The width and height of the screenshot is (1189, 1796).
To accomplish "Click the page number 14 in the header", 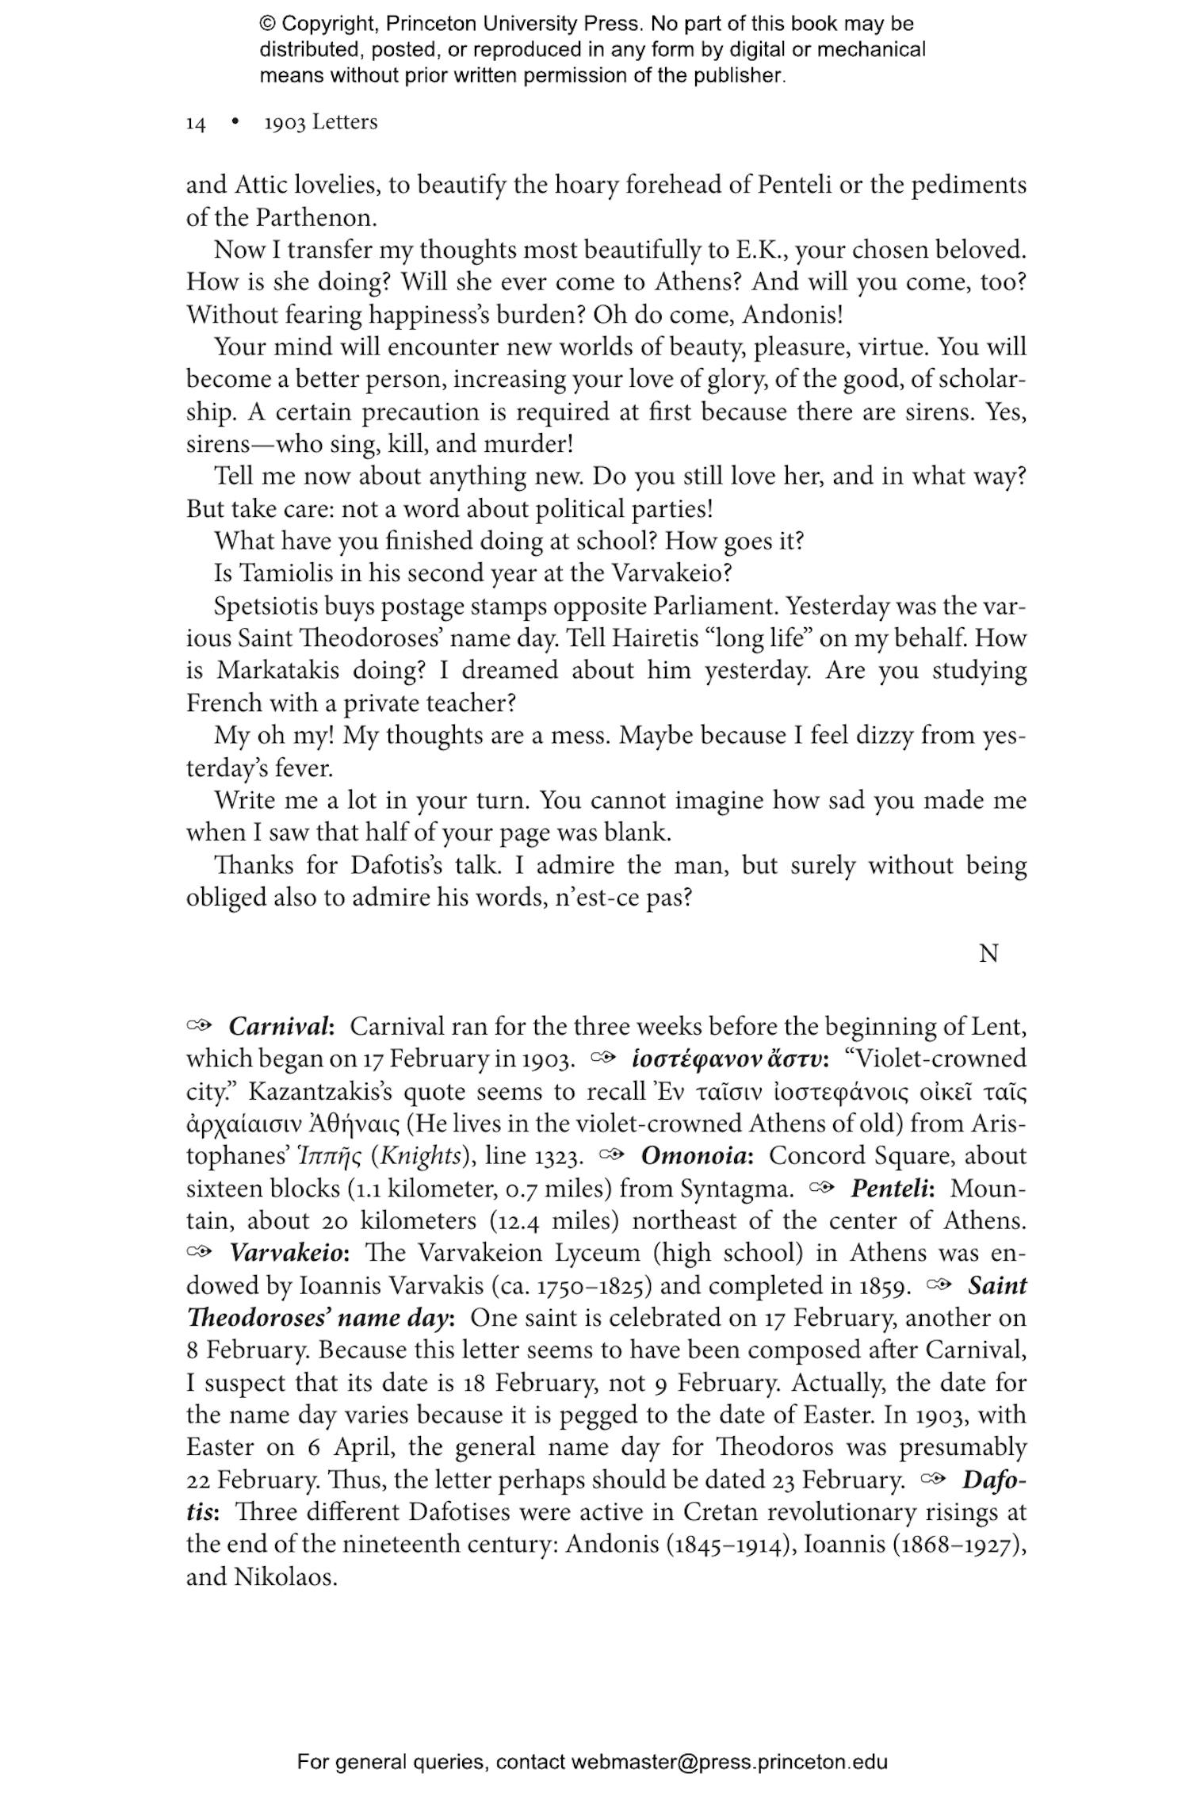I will click(196, 124).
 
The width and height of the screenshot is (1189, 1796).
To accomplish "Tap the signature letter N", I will click(988, 954).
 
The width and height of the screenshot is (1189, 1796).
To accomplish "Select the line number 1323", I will click(558, 1156).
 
